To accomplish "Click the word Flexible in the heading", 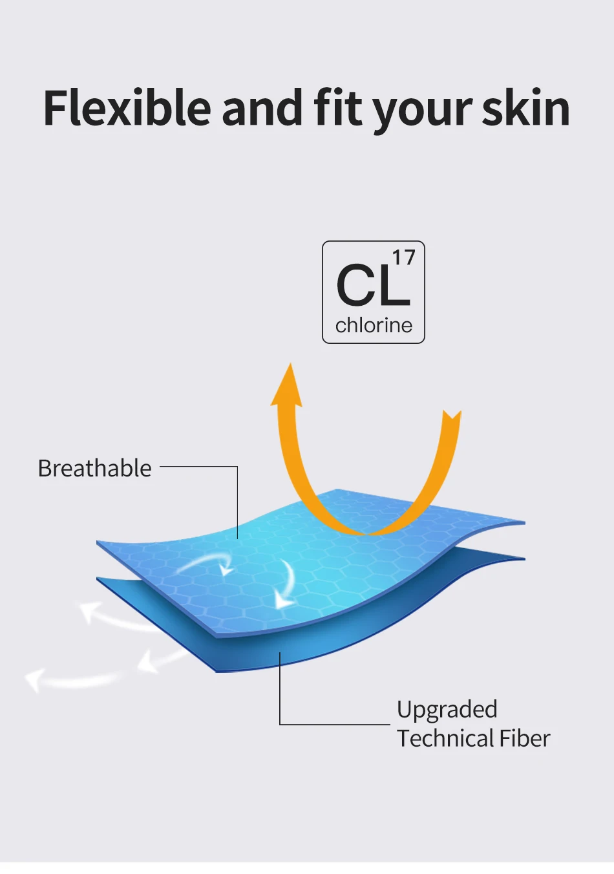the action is tap(127, 107).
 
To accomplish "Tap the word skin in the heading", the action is tap(526, 107).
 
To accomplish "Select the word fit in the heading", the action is tap(338, 107).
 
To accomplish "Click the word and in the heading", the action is tap(262, 107).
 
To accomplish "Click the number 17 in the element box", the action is tap(403, 259).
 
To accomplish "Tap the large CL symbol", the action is tap(374, 285).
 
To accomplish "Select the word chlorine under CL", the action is tap(374, 325).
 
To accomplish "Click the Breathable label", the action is tap(95, 468).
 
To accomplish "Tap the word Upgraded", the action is tap(447, 710).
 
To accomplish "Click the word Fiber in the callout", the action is tap(525, 738).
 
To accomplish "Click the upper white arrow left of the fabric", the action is tap(113, 619).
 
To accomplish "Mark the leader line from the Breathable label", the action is tap(237, 467).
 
